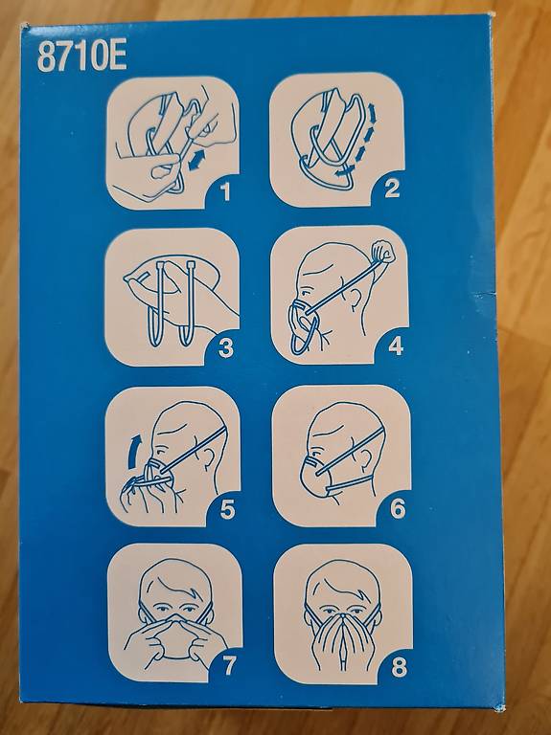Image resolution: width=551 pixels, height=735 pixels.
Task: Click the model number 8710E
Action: click(x=81, y=57)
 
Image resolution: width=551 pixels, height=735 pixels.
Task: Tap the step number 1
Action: click(x=227, y=191)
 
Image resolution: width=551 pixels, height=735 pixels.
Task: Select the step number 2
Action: click(x=391, y=189)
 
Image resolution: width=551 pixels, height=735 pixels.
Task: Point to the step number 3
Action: click(x=226, y=348)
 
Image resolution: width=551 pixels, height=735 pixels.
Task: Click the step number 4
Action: click(x=396, y=346)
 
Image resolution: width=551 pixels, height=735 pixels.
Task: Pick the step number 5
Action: click(x=228, y=510)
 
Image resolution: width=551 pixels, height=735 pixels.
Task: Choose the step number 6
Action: click(x=398, y=508)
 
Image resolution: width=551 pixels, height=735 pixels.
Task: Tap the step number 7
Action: click(x=228, y=666)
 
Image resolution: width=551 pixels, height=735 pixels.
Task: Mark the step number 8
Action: click(x=399, y=668)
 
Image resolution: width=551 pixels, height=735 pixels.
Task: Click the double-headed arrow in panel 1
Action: click(x=197, y=160)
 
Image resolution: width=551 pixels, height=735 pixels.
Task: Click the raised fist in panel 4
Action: click(x=382, y=252)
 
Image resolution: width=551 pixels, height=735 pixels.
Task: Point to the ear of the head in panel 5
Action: click(x=208, y=459)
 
